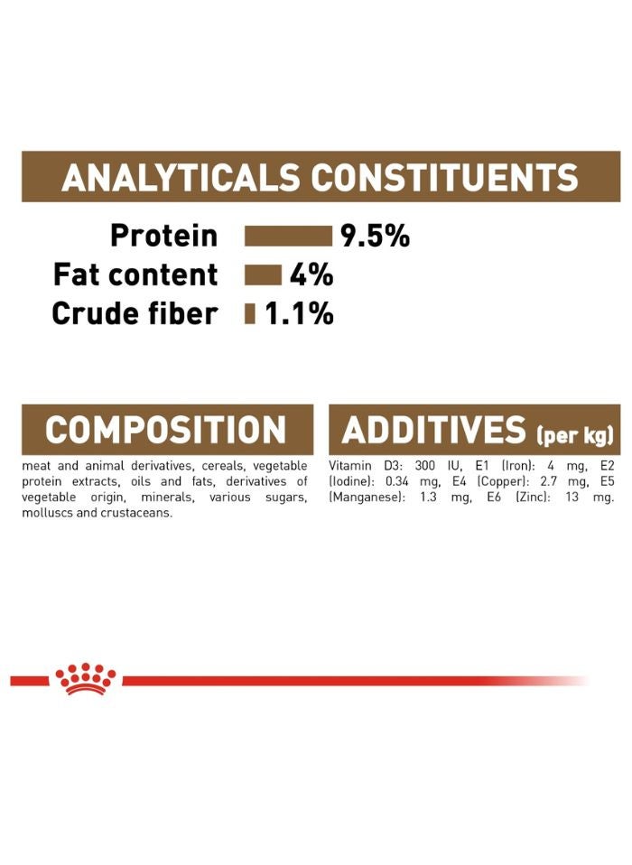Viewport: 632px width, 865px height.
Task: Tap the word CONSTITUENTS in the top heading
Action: tap(443, 177)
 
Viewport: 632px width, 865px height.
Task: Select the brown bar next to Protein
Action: tap(288, 237)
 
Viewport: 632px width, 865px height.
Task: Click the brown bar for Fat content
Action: tap(263, 274)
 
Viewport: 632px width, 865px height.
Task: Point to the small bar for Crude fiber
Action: tap(250, 313)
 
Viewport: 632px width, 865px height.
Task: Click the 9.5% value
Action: tap(375, 237)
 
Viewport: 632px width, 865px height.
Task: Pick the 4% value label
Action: tap(311, 274)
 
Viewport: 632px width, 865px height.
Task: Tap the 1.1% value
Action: tap(299, 313)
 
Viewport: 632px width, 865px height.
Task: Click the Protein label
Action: tap(163, 237)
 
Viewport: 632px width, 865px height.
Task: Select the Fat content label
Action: tap(135, 274)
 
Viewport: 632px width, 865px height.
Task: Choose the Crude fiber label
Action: tap(135, 313)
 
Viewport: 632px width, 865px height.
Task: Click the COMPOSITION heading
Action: tap(165, 430)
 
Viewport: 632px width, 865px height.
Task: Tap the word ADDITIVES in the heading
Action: tap(433, 430)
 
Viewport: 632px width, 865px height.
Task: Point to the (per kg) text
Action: tap(574, 436)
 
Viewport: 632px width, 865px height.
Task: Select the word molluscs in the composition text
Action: tap(48, 514)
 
